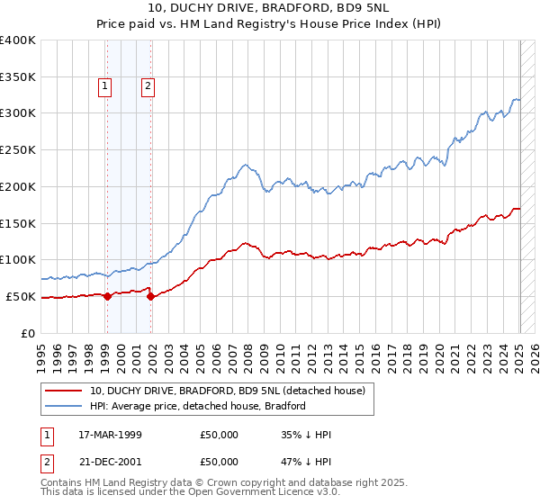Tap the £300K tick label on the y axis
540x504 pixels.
(x=18, y=113)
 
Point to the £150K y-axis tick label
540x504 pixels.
(x=18, y=223)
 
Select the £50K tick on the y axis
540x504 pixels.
(x=22, y=296)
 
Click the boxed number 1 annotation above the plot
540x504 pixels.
(x=105, y=87)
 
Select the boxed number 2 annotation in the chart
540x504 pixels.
(x=147, y=87)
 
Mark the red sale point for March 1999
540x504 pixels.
(x=107, y=296)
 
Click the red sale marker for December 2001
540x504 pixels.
(x=151, y=296)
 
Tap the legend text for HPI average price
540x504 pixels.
(x=198, y=406)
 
